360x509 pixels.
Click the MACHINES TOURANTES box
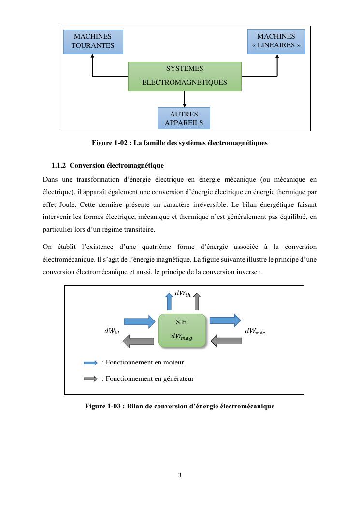93,42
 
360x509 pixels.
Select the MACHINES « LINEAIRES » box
276,42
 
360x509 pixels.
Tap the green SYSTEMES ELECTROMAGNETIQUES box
185,76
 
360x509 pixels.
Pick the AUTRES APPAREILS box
184,118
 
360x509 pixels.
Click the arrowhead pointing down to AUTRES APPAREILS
185,105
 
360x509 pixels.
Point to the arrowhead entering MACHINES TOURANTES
92,57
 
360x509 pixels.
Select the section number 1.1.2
58,166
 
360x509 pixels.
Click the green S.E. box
182,330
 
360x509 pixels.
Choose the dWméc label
255,332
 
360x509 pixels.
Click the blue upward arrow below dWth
169,302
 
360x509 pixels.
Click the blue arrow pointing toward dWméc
225,320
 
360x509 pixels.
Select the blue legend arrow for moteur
90,363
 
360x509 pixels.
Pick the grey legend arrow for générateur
90,379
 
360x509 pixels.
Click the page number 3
180,475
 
